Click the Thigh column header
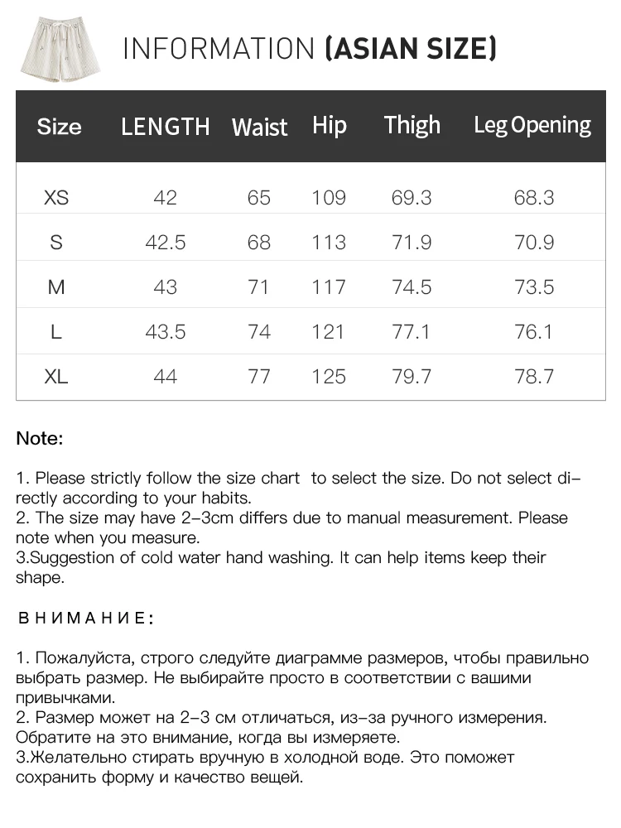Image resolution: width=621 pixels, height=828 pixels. click(412, 125)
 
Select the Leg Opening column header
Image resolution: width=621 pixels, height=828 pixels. click(532, 125)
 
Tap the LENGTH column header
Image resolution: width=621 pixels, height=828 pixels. click(166, 127)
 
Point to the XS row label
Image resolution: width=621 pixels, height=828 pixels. click(56, 198)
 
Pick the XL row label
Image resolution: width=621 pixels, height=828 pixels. click(56, 377)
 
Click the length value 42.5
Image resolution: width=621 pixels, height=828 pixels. click(166, 243)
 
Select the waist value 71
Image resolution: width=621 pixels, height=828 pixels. click(259, 287)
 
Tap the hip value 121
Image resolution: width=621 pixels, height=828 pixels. click(329, 332)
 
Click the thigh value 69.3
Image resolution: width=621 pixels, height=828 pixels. click(412, 198)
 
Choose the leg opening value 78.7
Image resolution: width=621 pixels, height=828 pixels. click(534, 377)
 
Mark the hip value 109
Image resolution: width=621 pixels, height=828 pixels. click(329, 198)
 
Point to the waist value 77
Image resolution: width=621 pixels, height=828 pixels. click(259, 377)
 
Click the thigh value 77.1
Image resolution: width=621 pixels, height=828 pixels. click(412, 332)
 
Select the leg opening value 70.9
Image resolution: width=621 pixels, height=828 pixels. click(534, 243)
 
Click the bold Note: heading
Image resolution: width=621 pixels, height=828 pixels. click(40, 439)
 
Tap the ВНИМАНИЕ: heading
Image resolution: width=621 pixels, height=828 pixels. click(85, 619)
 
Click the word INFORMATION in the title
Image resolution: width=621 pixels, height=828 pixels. click(219, 49)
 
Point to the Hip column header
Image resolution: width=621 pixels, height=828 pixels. click(330, 125)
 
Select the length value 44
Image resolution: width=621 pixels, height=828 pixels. click(166, 377)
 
